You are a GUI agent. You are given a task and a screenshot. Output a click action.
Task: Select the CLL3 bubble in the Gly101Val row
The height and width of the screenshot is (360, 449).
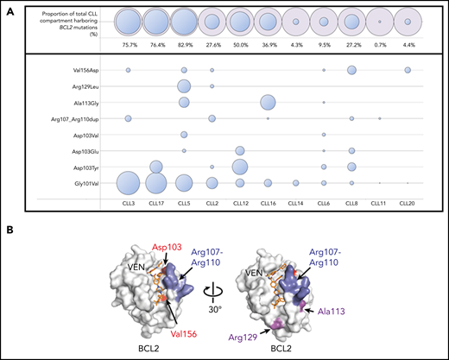coord(128,182)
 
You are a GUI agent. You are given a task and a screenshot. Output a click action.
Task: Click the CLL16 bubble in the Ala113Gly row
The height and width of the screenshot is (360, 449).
coord(268,102)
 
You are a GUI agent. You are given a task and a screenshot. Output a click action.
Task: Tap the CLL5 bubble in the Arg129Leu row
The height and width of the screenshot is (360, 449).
coord(184,85)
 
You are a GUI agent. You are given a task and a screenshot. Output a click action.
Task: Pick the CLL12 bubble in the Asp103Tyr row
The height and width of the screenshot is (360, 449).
coord(240,167)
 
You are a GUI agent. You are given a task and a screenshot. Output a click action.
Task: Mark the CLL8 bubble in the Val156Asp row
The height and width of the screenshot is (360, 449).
coord(351,69)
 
